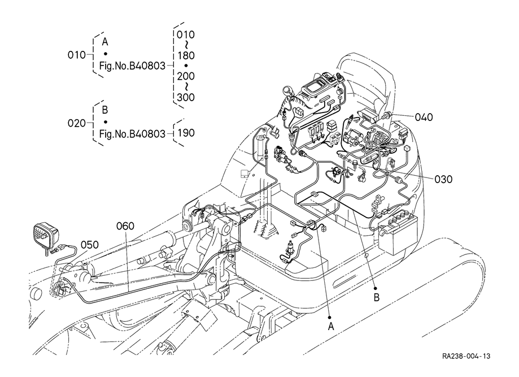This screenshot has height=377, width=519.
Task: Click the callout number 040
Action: click(424, 117)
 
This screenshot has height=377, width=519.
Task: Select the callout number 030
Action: click(443, 179)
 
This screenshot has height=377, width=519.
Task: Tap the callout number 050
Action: click(90, 245)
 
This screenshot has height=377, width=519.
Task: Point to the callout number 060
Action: click(125, 226)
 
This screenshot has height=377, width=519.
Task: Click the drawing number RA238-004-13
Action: click(466, 356)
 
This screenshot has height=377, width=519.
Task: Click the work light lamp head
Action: click(46, 235)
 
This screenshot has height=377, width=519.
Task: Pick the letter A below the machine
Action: click(331, 327)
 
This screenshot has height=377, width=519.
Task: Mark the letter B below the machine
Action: click(376, 297)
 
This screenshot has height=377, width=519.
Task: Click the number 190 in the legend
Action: click(186, 133)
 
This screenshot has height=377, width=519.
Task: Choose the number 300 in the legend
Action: click(186, 97)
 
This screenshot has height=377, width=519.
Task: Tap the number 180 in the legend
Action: click(186, 55)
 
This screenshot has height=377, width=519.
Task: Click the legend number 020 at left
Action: click(77, 123)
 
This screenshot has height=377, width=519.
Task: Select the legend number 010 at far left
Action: click(77, 55)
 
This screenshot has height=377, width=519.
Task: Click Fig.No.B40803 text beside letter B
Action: click(132, 134)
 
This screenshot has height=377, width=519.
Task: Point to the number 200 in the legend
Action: click(186, 76)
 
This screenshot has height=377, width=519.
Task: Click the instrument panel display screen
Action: click(314, 88)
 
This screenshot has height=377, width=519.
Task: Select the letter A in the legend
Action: click(105, 42)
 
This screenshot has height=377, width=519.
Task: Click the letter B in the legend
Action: click(104, 110)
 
